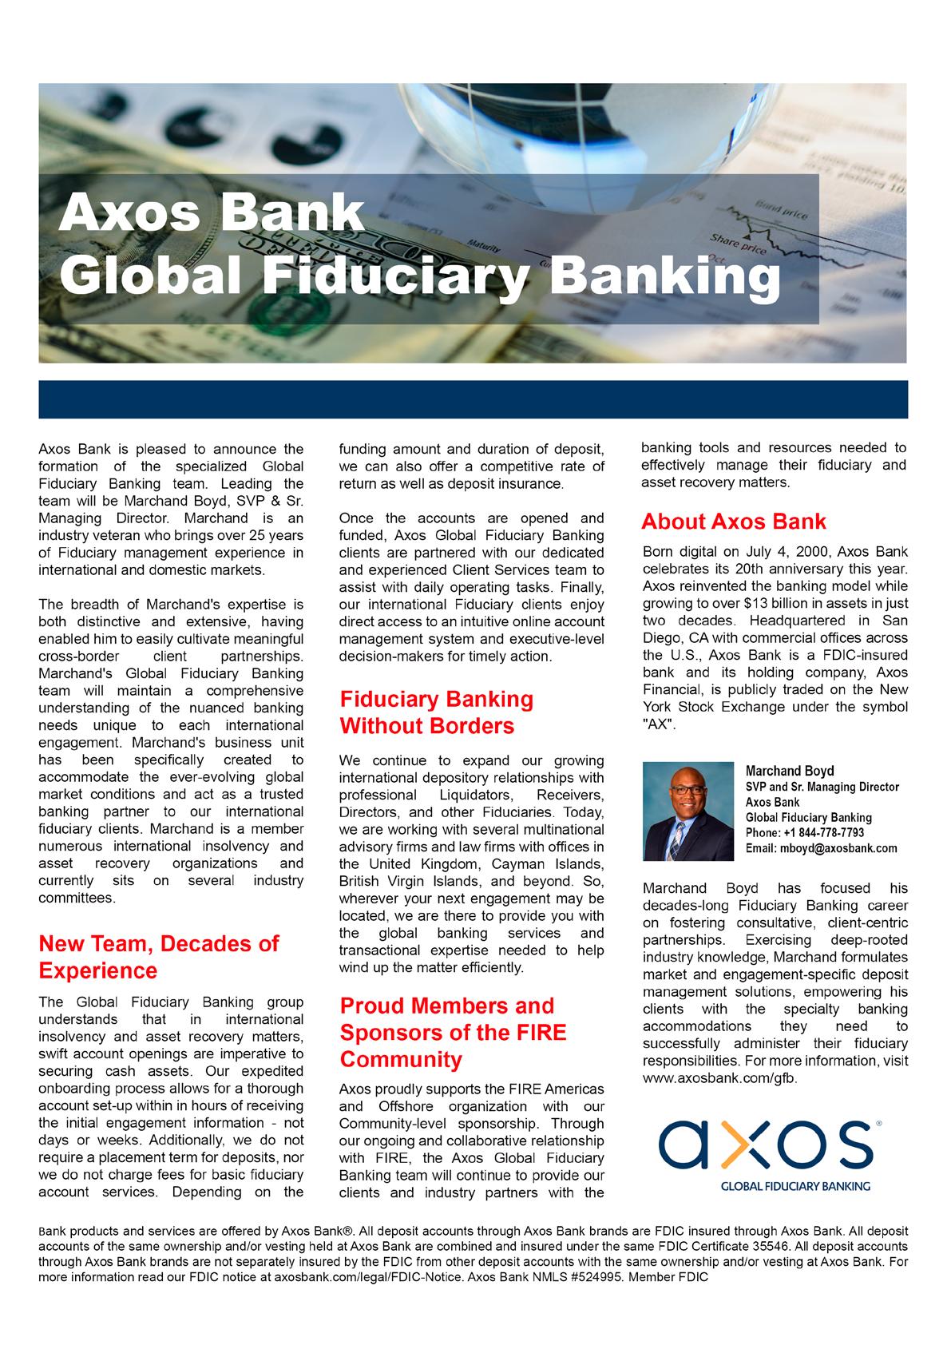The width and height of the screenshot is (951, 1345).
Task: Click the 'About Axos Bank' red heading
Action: [x=734, y=522]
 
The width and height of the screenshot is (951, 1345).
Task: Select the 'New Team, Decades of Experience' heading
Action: [x=159, y=957]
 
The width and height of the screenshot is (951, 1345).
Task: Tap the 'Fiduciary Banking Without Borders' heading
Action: [x=437, y=712]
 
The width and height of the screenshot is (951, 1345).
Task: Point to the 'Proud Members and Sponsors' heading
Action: [x=453, y=1032]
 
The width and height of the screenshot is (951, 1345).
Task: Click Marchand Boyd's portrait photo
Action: [x=687, y=810]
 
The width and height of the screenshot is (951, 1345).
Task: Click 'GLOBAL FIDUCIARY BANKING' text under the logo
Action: [x=795, y=1186]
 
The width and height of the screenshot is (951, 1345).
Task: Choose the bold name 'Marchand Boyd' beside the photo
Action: [x=789, y=772]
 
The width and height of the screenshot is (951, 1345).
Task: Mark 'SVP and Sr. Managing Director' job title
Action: [x=822, y=788]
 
